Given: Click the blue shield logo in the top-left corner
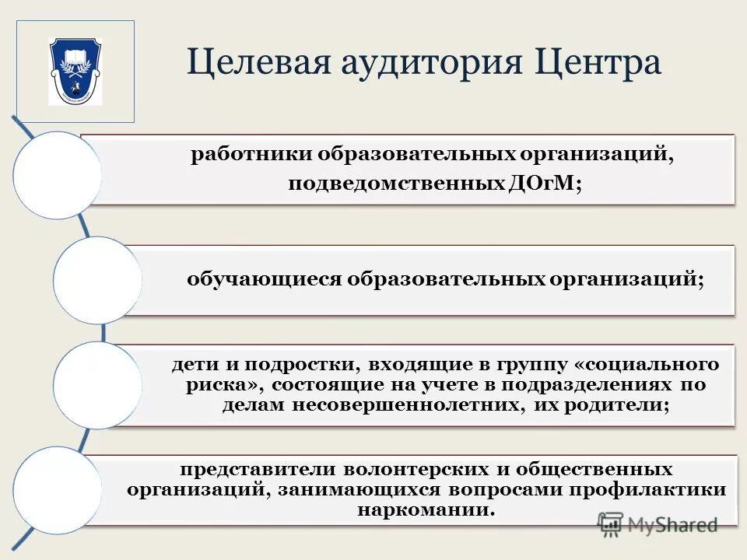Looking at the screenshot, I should [75, 71].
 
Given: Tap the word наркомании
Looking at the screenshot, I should [426, 511].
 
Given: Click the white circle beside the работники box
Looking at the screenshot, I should [57, 175].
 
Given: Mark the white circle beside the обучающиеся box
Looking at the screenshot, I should [97, 280].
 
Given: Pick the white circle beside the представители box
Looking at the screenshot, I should [57, 490].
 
